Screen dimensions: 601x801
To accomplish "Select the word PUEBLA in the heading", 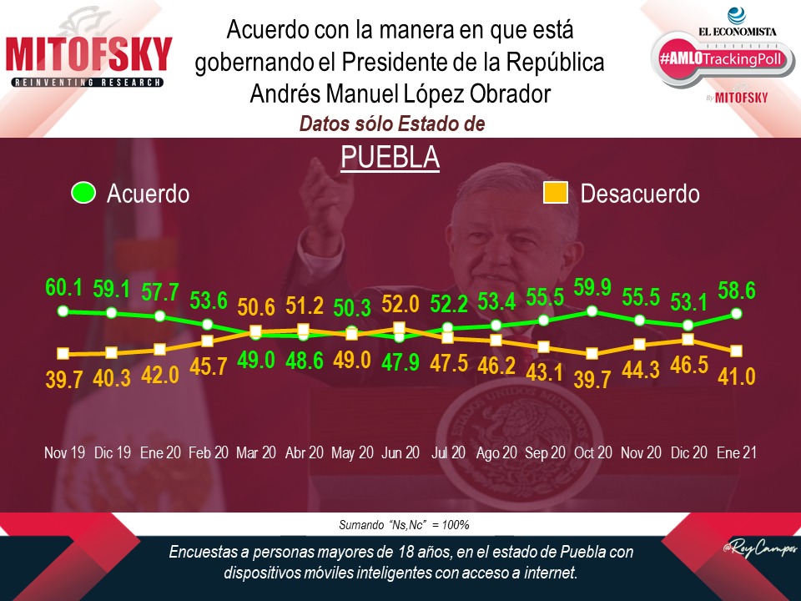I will [390, 156].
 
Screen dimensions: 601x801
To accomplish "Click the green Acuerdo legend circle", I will [83, 194].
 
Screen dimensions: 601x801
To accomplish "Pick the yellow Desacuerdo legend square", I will [556, 194].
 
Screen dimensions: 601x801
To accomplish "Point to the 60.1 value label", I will [63, 289].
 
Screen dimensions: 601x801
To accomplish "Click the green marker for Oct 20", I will [592, 311].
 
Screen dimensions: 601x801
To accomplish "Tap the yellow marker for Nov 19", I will [63, 354].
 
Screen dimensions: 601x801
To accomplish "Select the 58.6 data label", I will [737, 290].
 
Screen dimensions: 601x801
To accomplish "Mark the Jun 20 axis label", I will [400, 452].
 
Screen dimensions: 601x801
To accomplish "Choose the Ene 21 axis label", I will [737, 452].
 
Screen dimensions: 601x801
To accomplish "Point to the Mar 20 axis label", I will [255, 452].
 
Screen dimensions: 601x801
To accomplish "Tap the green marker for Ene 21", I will [737, 314].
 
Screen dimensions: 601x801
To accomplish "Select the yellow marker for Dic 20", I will [688, 339].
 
